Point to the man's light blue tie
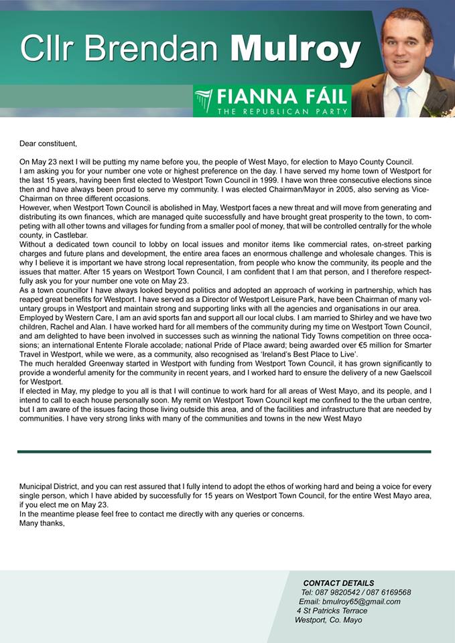pos(403,100)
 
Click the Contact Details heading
pos(338,583)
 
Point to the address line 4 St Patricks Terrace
pos(332,610)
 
